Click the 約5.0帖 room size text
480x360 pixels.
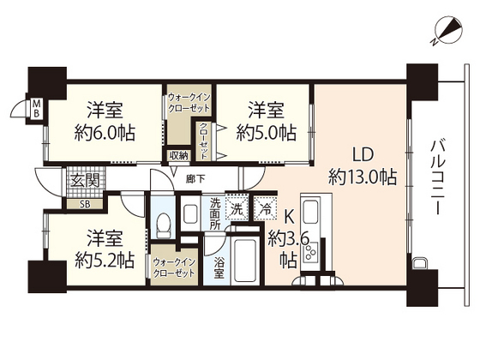click(266, 134)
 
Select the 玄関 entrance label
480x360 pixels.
click(84, 181)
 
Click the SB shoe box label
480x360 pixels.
click(84, 204)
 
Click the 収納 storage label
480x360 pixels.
click(177, 156)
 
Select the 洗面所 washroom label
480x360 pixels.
click(215, 213)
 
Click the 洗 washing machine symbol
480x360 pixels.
click(237, 209)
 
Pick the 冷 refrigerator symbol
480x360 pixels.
click(267, 209)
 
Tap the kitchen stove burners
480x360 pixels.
click(314, 251)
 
